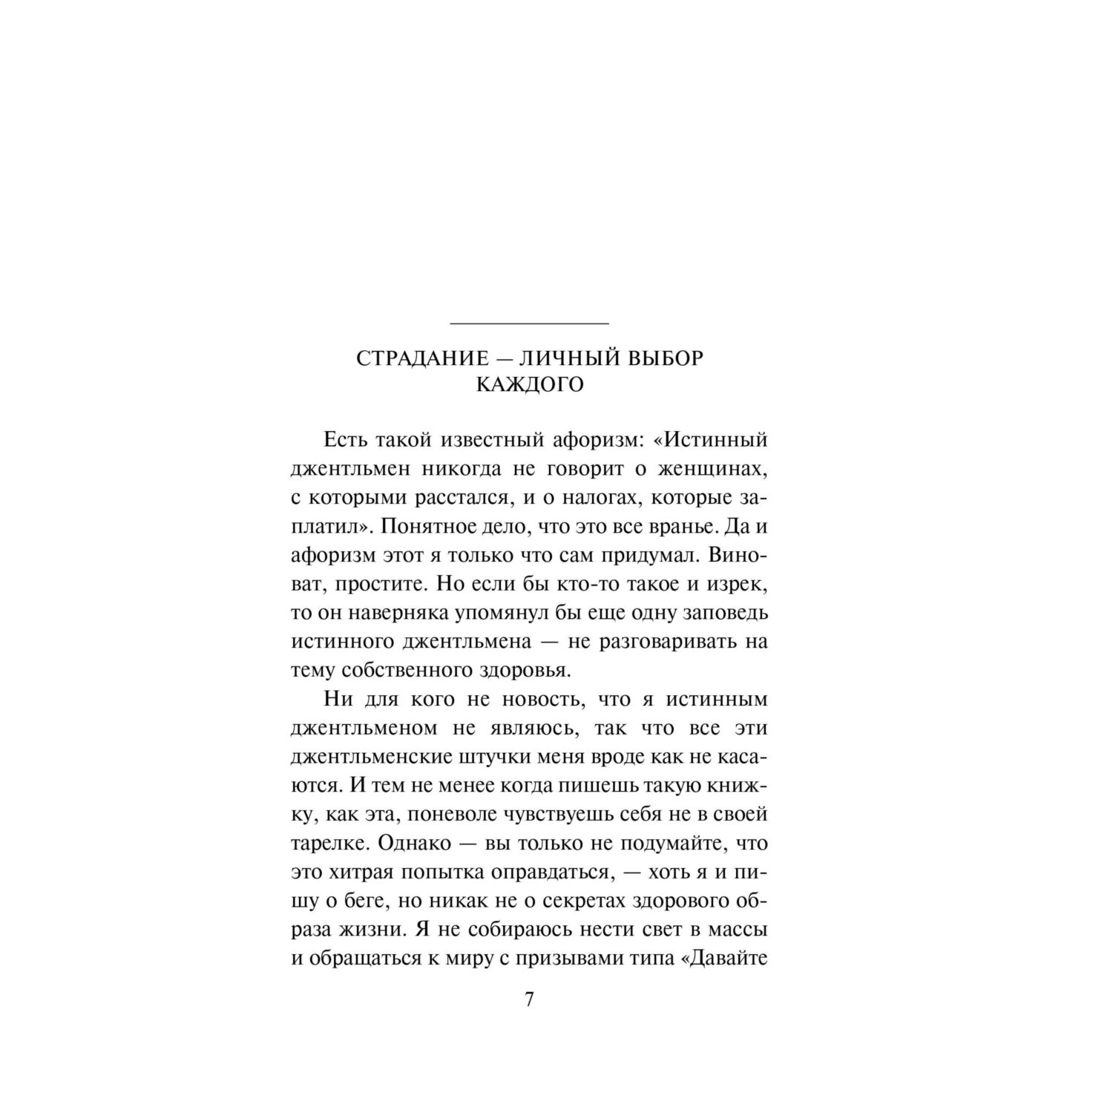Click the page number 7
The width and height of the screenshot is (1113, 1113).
[x=529, y=999]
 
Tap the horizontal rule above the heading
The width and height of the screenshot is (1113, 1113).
[x=530, y=324]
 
